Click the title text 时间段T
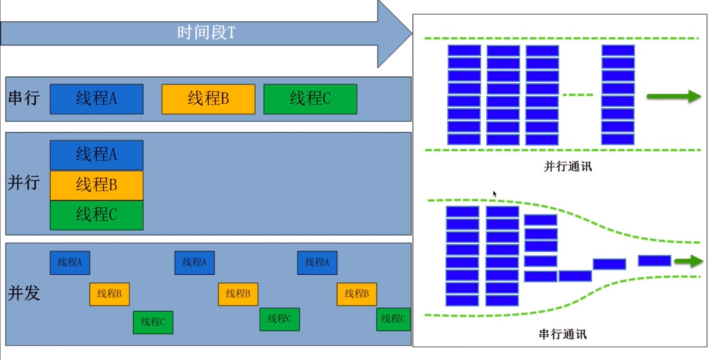coord(206,33)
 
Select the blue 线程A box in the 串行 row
coord(96,99)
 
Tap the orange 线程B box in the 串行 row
coord(208,99)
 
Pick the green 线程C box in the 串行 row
coord(310,99)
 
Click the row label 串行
coord(24,98)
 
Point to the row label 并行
coord(24,183)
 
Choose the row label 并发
coord(24,293)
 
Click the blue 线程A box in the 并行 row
coord(96,155)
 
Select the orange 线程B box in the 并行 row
coord(96,185)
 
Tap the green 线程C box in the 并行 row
coord(96,215)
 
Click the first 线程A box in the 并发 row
coord(70,263)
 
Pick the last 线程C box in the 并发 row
coord(393,319)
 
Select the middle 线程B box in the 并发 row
coord(238,294)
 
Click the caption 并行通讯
coord(567,167)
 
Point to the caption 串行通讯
coord(562,334)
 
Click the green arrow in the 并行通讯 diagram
coord(674,96)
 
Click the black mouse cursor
coord(495,194)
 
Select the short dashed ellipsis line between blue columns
coord(578,95)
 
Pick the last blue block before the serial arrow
coord(654,261)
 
